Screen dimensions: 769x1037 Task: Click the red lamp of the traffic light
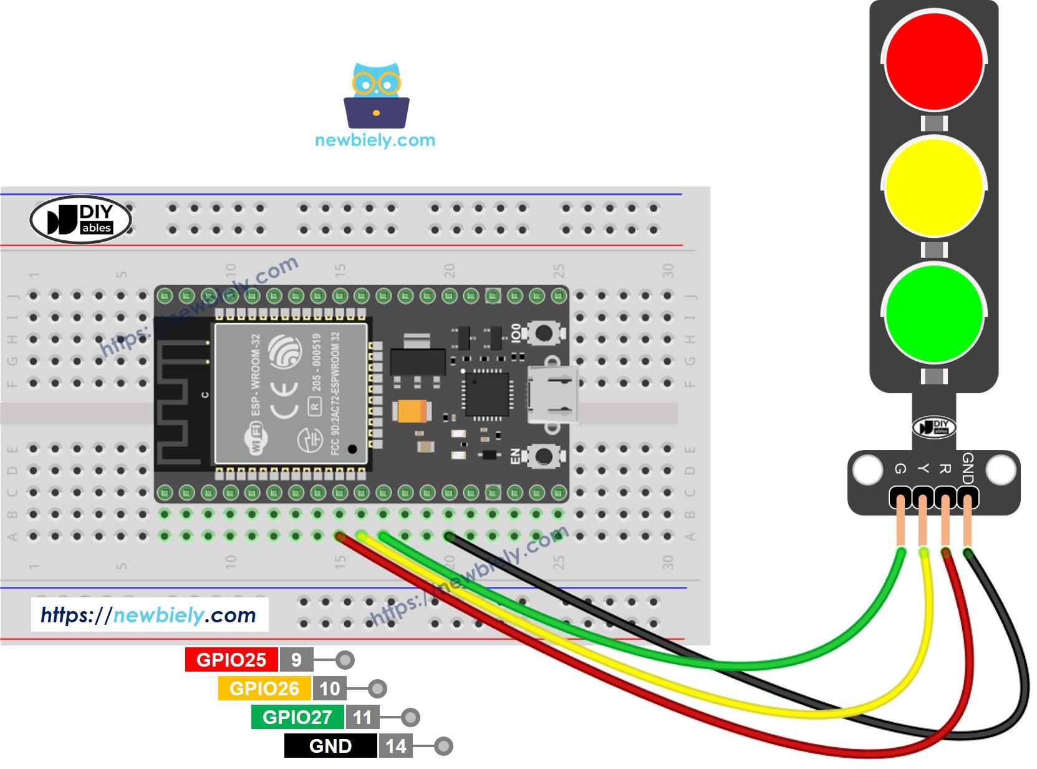(x=933, y=61)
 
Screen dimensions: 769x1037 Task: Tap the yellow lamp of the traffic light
(x=933, y=187)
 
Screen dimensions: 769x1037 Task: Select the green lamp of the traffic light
(x=933, y=313)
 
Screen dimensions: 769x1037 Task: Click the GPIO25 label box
(x=231, y=660)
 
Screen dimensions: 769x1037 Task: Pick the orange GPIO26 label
(x=264, y=688)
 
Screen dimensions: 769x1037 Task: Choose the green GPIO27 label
(x=297, y=717)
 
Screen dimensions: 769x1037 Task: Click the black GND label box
(x=330, y=746)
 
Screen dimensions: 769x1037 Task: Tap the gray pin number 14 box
(x=395, y=746)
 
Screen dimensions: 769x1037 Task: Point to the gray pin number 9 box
(x=296, y=660)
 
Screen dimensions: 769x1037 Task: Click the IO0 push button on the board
(x=543, y=333)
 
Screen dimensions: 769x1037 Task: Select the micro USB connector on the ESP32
(x=551, y=395)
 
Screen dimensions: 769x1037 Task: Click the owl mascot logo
(x=376, y=95)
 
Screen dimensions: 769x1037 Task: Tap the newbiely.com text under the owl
(x=375, y=140)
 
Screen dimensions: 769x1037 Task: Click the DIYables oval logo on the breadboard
(x=81, y=220)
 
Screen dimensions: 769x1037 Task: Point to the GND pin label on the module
(x=967, y=468)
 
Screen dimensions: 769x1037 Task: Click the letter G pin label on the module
(x=900, y=469)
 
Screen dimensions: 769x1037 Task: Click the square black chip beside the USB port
(x=487, y=394)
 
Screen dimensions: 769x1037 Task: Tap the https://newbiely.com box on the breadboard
(x=149, y=615)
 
